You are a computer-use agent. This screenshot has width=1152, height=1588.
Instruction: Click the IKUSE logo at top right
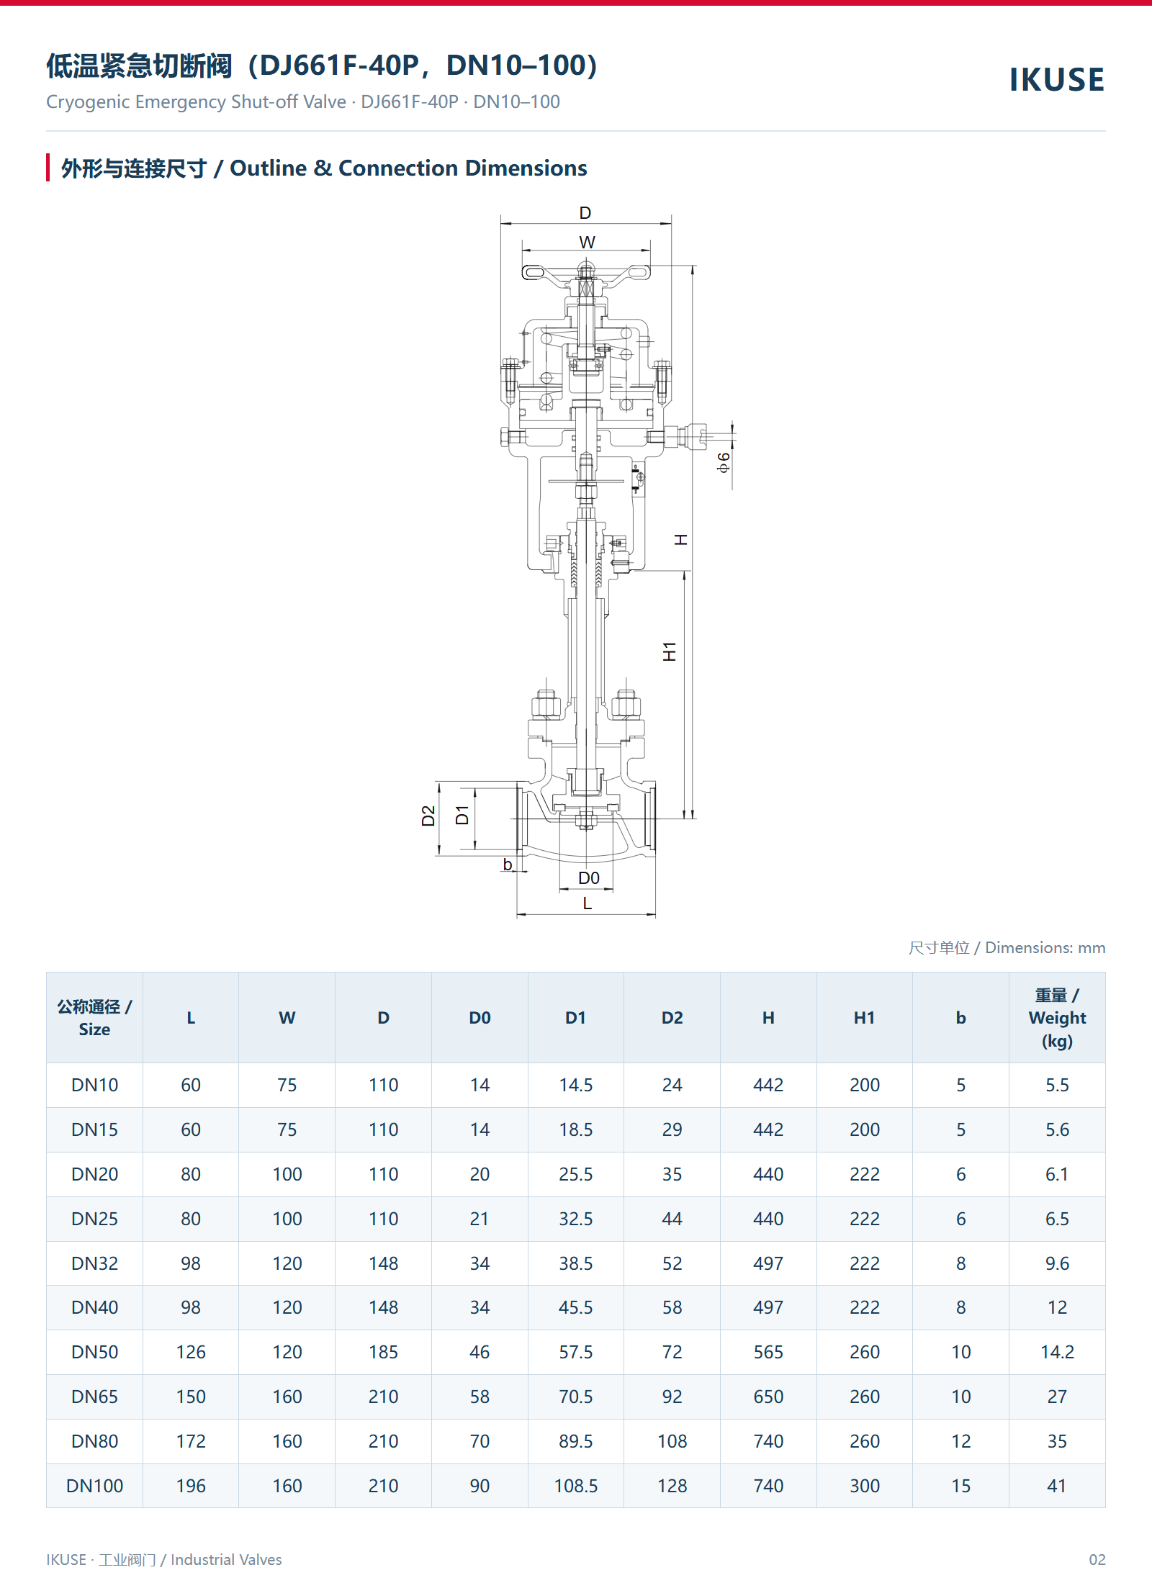pos(1056,80)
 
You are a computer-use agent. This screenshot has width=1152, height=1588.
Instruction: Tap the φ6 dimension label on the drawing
pos(724,462)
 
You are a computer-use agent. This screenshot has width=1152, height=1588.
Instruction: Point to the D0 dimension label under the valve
pos(588,878)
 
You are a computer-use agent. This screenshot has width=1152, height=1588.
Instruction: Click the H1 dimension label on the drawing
pos(670,651)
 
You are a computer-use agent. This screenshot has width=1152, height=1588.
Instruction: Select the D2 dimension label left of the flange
pos(428,816)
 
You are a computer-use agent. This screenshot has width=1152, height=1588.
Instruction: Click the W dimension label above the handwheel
pos(587,243)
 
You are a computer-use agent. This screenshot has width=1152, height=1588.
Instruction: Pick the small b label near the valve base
pos(508,865)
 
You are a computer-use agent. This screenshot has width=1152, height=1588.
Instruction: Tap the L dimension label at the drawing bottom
pos(588,903)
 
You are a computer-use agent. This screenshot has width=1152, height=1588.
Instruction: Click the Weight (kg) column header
pos(1057,1018)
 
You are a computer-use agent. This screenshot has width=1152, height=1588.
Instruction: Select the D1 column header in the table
pos(575,1018)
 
